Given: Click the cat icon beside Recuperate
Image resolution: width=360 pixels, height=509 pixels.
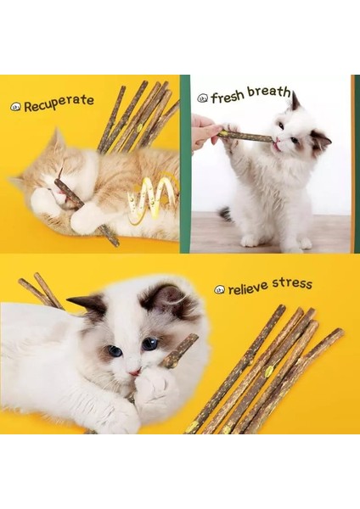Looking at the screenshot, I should point(15,107).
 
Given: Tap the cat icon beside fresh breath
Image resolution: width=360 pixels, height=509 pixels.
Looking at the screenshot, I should point(202,98).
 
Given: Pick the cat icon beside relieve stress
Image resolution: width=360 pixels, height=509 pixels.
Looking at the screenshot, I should point(219,290).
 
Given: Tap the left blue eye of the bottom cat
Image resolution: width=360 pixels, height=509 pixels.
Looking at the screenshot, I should point(115,350).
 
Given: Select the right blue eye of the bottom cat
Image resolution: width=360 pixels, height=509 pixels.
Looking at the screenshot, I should point(149,344).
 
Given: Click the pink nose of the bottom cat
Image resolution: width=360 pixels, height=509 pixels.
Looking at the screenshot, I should point(135,371).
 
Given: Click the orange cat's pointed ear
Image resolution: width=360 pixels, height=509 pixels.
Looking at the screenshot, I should point(57,139).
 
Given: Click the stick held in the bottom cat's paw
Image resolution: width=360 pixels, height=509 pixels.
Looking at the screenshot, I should point(179,350).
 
